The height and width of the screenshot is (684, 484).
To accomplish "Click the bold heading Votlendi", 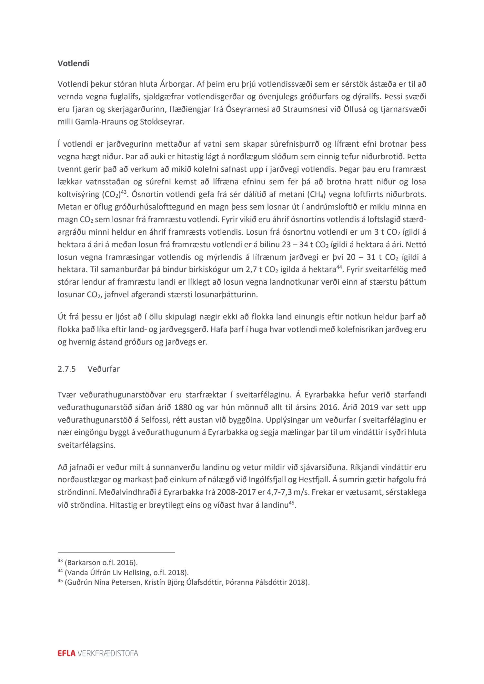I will point(73,64).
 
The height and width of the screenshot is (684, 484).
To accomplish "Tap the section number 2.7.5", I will point(66,369).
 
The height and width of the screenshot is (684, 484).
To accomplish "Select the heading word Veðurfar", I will point(104,369).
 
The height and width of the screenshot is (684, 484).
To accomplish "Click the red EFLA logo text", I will point(66,653).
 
